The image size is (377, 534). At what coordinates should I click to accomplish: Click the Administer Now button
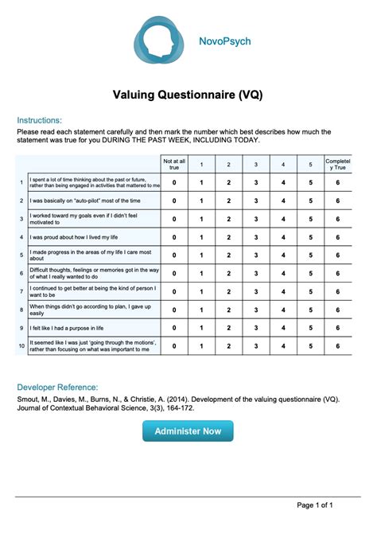188,431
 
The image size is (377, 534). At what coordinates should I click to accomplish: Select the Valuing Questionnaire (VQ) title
188,95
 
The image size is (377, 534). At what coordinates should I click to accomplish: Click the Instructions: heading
39,120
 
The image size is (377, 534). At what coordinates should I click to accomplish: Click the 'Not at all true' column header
174,164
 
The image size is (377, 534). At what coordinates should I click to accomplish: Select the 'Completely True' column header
337,164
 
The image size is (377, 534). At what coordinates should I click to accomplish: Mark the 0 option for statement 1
174,182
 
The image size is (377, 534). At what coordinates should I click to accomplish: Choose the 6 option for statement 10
337,345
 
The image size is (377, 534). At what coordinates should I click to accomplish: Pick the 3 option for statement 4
255,237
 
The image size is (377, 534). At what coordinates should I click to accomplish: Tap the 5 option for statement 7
310,291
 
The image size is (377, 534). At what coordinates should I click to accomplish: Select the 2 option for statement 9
228,327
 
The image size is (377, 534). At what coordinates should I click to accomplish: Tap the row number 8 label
21,309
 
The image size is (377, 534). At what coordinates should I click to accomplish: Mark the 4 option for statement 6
283,273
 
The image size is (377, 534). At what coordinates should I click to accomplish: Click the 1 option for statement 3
201,219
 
